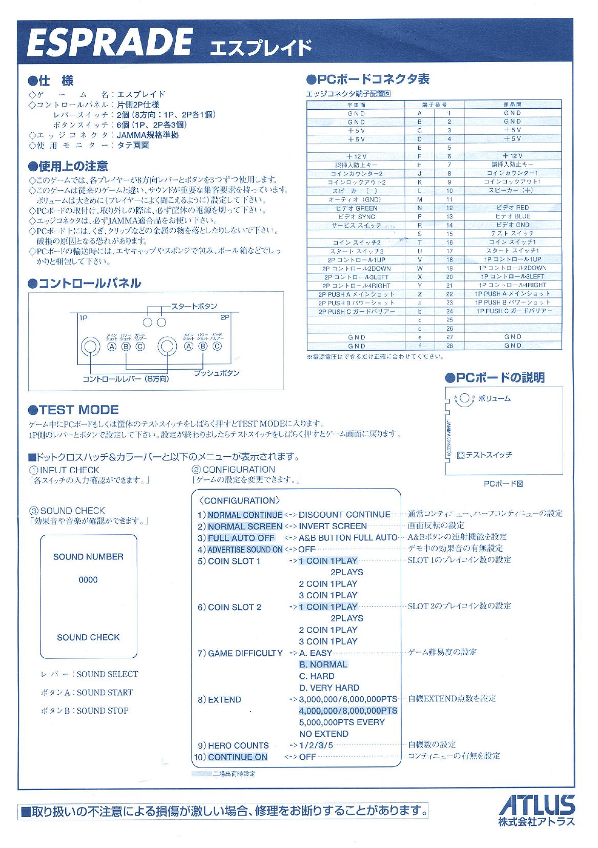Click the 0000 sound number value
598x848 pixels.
tap(88, 580)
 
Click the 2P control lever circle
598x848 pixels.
tap(167, 346)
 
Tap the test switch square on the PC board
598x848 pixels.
tap(460, 454)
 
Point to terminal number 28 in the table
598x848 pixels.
tap(449, 346)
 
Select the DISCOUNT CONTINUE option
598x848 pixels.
tap(344, 514)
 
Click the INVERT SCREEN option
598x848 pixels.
tap(333, 526)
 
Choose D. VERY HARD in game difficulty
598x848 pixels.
tap(329, 688)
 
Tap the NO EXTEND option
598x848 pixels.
tap(323, 734)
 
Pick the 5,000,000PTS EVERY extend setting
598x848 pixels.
tap(341, 722)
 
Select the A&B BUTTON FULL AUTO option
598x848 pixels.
tap(348, 537)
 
